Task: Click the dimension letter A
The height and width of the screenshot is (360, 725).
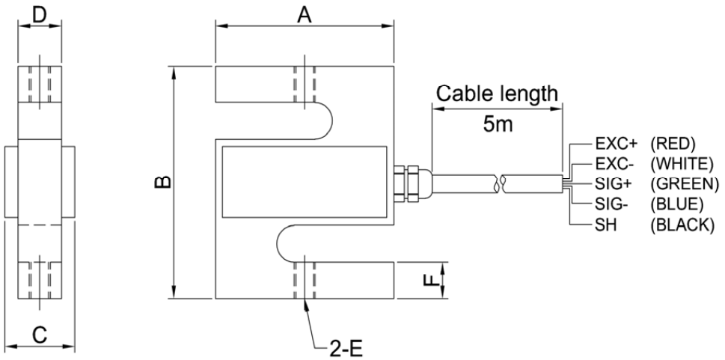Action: [305, 14]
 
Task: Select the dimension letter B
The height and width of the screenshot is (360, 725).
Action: [163, 183]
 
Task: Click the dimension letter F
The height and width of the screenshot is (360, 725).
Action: [430, 280]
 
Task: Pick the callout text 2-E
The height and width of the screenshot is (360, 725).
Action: [346, 349]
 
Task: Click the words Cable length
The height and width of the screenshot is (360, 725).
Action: [497, 94]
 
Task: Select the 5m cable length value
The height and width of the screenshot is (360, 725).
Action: [498, 124]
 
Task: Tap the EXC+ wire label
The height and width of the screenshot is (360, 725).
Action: [617, 144]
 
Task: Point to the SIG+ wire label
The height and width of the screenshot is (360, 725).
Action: [613, 183]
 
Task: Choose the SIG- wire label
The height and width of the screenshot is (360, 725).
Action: [611, 204]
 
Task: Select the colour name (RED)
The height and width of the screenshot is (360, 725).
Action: [673, 144]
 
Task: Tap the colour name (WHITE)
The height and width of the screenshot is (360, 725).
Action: [682, 164]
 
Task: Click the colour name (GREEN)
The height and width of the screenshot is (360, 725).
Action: [685, 184]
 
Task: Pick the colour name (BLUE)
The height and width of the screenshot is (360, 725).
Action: [677, 204]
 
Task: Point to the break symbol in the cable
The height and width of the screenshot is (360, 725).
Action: [500, 183]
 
